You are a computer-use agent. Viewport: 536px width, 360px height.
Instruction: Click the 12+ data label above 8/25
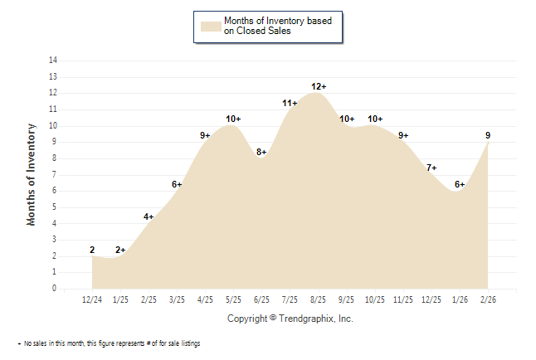tap(319, 86)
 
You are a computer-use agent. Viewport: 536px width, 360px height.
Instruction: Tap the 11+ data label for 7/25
tap(290, 103)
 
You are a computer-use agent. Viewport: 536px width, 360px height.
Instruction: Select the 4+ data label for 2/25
tap(149, 216)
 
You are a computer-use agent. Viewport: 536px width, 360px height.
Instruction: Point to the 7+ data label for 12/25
tap(431, 168)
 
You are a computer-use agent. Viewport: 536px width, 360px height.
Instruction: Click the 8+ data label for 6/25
tap(261, 152)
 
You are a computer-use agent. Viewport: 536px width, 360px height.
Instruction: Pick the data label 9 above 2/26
tap(487, 135)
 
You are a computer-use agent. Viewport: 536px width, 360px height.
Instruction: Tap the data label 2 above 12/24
tap(92, 250)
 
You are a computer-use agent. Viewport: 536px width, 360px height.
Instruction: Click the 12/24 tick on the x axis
tap(92, 299)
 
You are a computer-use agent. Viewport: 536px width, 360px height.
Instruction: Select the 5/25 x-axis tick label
tap(233, 299)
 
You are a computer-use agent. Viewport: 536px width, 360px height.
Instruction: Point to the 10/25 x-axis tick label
tap(375, 299)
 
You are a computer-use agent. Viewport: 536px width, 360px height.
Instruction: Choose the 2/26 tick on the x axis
tap(488, 299)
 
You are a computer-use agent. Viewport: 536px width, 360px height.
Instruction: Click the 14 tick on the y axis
tap(53, 61)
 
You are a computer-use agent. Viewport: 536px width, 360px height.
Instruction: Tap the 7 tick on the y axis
tap(55, 174)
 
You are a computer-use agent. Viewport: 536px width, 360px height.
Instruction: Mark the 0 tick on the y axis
tap(55, 289)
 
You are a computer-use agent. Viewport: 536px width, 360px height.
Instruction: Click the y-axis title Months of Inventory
tap(32, 174)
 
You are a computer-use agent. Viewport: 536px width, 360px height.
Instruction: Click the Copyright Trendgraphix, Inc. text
tap(290, 319)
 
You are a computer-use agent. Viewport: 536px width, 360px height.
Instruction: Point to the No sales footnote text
tap(110, 343)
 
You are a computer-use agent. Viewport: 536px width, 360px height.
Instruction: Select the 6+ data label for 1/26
tap(460, 184)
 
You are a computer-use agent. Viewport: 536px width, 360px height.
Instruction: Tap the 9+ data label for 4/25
tap(205, 135)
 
